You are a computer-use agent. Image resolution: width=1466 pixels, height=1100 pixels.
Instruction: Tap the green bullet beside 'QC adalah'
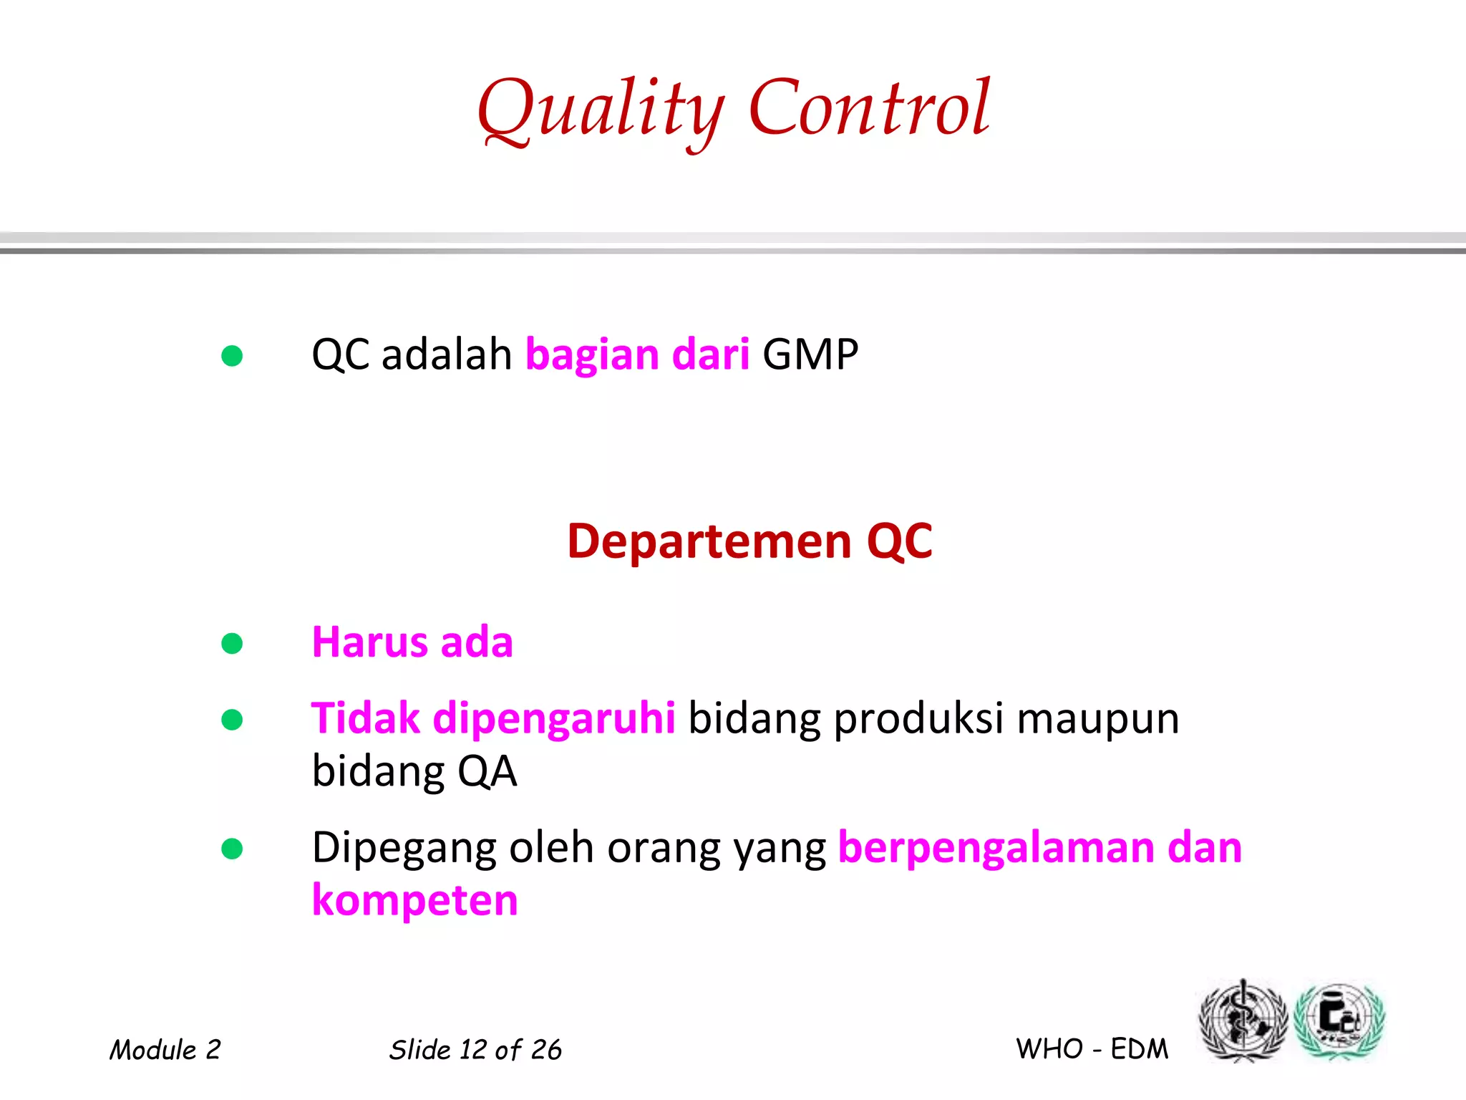(232, 355)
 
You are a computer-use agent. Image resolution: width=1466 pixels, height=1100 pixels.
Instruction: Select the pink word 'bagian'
(592, 355)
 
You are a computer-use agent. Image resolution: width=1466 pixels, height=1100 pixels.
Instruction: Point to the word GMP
(810, 355)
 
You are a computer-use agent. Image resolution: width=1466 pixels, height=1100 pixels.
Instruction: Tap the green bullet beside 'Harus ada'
(232, 643)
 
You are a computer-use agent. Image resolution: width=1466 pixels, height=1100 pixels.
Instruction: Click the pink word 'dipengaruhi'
(554, 718)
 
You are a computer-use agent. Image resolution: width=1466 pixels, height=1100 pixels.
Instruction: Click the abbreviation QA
(487, 772)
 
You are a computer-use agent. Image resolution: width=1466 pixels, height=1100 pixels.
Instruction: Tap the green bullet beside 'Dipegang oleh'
(232, 849)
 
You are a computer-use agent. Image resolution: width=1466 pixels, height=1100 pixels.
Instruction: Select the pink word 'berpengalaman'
(996, 849)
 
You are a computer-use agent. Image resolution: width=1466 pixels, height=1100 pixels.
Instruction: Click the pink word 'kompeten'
(414, 901)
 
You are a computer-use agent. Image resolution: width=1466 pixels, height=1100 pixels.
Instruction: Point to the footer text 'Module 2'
(165, 1050)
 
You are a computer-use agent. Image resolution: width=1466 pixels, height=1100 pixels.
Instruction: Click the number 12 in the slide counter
(473, 1050)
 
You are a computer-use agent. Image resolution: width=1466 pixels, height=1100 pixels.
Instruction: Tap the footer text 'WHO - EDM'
(1092, 1049)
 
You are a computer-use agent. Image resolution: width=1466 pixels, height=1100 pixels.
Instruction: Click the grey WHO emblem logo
(1243, 1021)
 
